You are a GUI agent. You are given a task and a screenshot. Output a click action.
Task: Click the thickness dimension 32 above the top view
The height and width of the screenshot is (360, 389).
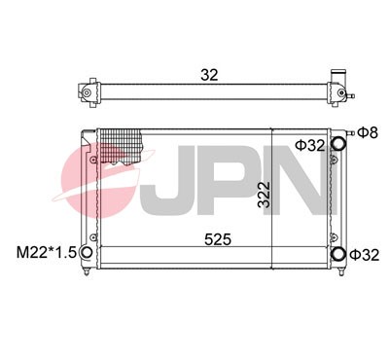coord(207,74)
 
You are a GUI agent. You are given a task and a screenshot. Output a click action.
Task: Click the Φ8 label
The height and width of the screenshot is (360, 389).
coord(366,132)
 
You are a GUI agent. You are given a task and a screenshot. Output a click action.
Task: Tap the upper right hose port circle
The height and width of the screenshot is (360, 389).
coord(338,144)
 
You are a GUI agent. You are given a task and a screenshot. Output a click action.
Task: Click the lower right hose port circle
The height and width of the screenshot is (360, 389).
coord(338,255)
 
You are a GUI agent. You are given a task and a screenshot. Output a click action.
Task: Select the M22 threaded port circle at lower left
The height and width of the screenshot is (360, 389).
coord(87,255)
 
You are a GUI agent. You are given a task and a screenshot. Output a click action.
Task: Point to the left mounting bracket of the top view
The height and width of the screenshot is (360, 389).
coord(88,93)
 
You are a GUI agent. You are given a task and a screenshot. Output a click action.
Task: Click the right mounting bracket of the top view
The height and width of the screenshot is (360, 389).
coord(343,93)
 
